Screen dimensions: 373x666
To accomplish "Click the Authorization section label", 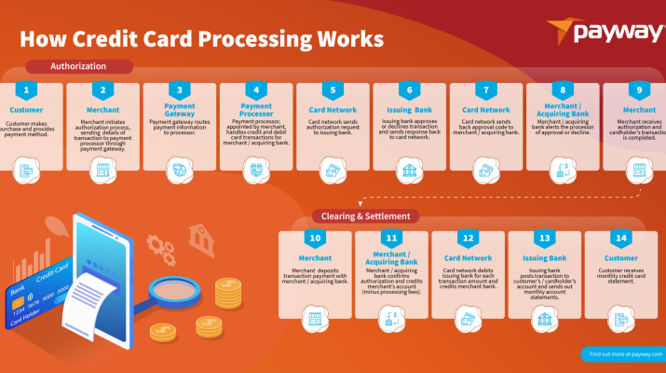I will pyautogui.click(x=78, y=66).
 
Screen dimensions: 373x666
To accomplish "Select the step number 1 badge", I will pyautogui.click(x=28, y=91).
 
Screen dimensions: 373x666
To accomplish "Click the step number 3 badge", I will pyautogui.click(x=180, y=91).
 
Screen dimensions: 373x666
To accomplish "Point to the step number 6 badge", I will pyautogui.click(x=409, y=91).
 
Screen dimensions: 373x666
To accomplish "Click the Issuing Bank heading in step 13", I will pyautogui.click(x=545, y=256).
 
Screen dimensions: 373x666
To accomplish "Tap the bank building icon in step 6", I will pyautogui.click(x=409, y=170).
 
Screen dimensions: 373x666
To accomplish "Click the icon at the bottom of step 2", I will pyautogui.click(x=103, y=170).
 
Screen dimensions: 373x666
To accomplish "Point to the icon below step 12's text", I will pyautogui.click(x=468, y=320).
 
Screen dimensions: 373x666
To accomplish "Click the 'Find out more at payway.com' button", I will pyautogui.click(x=621, y=354).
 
